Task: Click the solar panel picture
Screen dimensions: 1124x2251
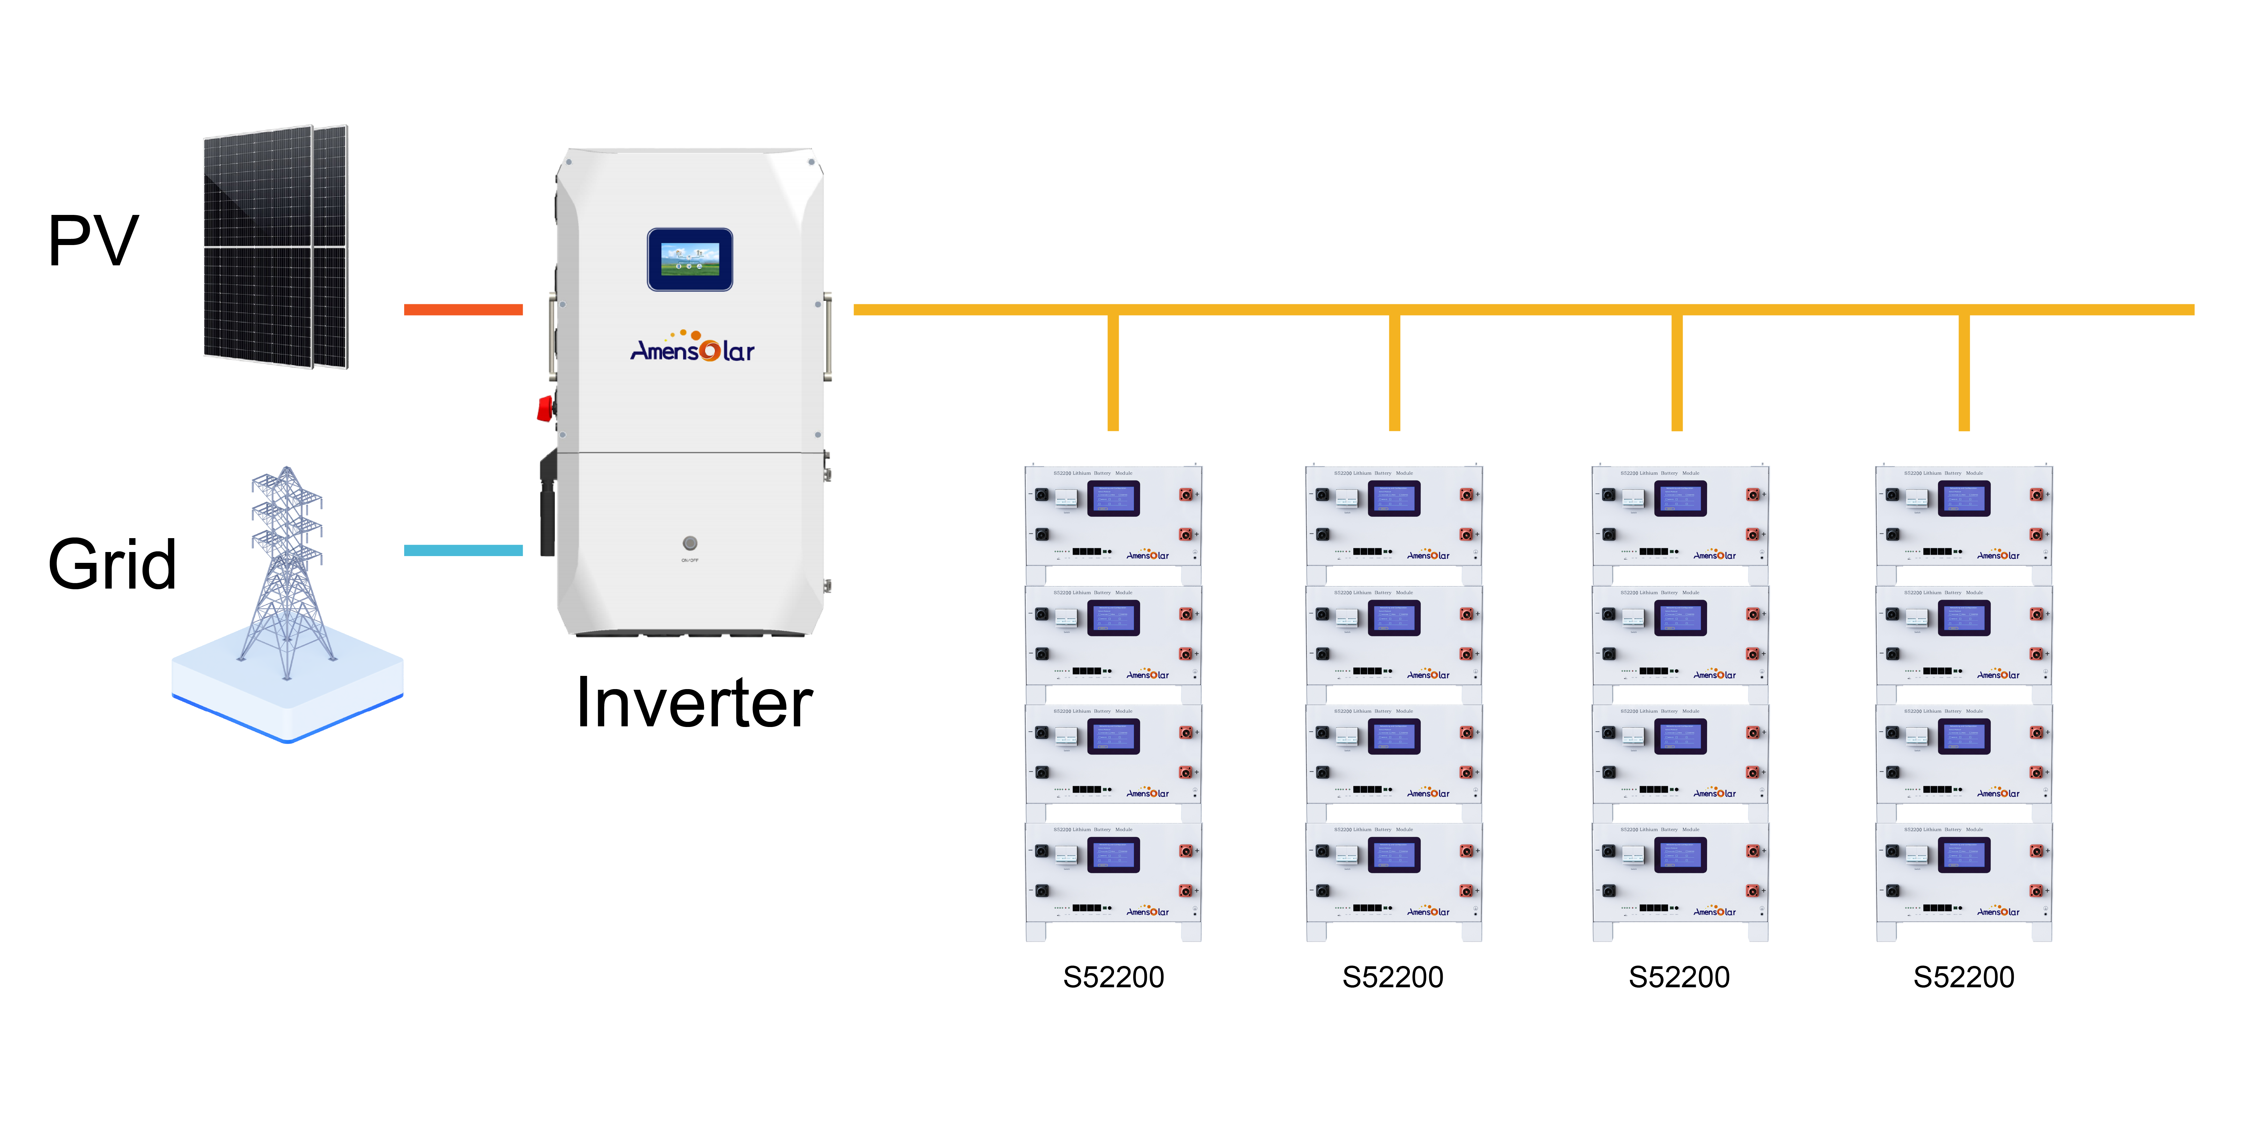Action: pyautogui.click(x=275, y=246)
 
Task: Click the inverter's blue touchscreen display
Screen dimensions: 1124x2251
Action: pyautogui.click(x=690, y=260)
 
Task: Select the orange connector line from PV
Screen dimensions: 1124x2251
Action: pyautogui.click(x=463, y=309)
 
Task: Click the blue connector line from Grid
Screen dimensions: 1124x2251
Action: pyautogui.click(x=463, y=551)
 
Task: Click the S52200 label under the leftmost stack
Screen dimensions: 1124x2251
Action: pyautogui.click(x=1113, y=977)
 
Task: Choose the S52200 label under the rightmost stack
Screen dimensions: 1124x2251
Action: pyautogui.click(x=1964, y=977)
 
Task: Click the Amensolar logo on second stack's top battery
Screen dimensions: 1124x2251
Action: pyautogui.click(x=1428, y=555)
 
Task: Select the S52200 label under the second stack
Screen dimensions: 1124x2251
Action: pyautogui.click(x=1393, y=977)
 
